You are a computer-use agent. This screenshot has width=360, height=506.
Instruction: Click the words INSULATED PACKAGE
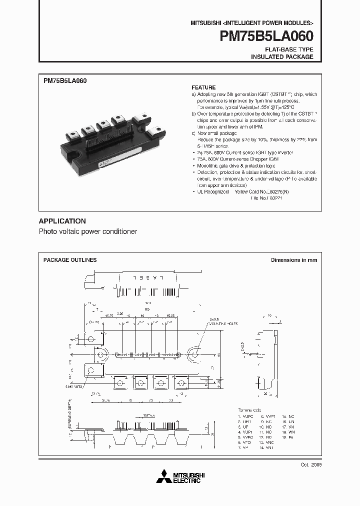click(x=282, y=57)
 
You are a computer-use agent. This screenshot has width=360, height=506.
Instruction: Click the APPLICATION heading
click(x=62, y=221)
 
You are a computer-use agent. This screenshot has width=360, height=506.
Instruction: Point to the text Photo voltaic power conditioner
click(x=87, y=232)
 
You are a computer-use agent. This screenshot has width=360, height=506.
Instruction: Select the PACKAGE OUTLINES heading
click(x=70, y=260)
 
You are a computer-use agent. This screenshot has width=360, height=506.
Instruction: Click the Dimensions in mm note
click(x=294, y=260)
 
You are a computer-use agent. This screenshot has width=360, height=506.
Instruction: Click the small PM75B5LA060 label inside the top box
click(x=65, y=80)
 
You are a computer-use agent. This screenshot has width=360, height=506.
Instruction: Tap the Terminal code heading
click(x=249, y=408)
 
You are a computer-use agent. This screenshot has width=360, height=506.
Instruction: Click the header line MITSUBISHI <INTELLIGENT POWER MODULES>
click(x=251, y=23)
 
